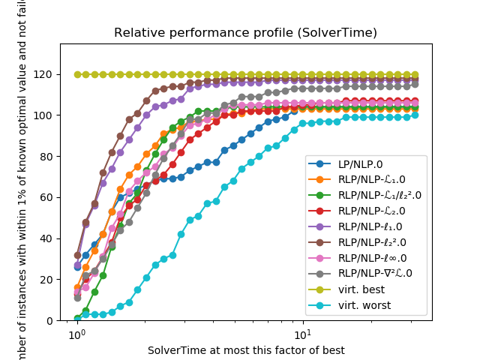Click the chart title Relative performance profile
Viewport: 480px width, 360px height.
(x=245, y=33)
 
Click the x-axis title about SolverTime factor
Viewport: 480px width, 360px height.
(x=245, y=350)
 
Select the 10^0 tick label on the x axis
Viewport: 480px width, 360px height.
(x=76, y=335)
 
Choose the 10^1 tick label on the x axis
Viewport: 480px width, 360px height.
(x=302, y=335)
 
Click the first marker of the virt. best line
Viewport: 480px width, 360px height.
(x=77, y=74)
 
